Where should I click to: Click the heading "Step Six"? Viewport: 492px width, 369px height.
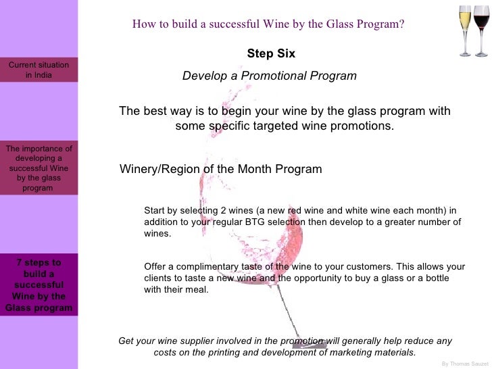point(271,53)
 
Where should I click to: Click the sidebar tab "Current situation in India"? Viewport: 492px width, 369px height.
point(39,70)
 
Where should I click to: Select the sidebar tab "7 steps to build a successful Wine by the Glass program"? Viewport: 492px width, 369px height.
point(39,285)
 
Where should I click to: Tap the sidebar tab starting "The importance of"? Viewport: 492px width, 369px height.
point(39,168)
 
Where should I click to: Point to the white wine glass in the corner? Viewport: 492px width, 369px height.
point(466,30)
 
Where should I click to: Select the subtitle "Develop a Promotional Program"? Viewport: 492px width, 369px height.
point(269,76)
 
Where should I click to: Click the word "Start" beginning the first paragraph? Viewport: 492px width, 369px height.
point(155,210)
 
